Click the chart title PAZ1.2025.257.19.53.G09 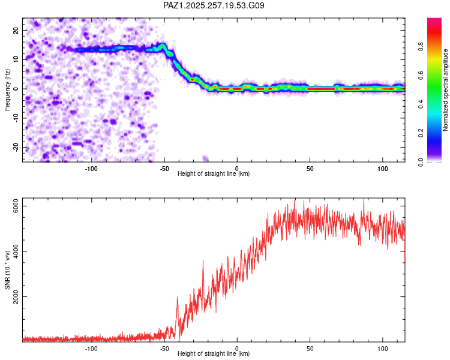tap(214, 5)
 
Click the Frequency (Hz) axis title tap(7, 90)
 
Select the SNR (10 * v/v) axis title tap(7, 270)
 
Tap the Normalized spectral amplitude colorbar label tap(445, 90)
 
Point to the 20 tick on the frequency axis tap(16, 30)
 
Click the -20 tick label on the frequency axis tap(16, 147)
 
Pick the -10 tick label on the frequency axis tap(16, 118)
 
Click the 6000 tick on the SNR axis tap(16, 206)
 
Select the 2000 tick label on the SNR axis tap(16, 296)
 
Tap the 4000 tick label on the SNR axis tap(16, 251)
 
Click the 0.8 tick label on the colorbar tap(421, 47)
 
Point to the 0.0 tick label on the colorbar tap(421, 162)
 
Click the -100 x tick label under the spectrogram tap(91, 169)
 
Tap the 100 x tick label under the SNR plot tap(383, 349)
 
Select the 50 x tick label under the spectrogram tap(310, 169)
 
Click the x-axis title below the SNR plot tap(214, 353)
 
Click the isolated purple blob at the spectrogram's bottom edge tap(205, 158)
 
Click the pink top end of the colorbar tap(434, 20)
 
